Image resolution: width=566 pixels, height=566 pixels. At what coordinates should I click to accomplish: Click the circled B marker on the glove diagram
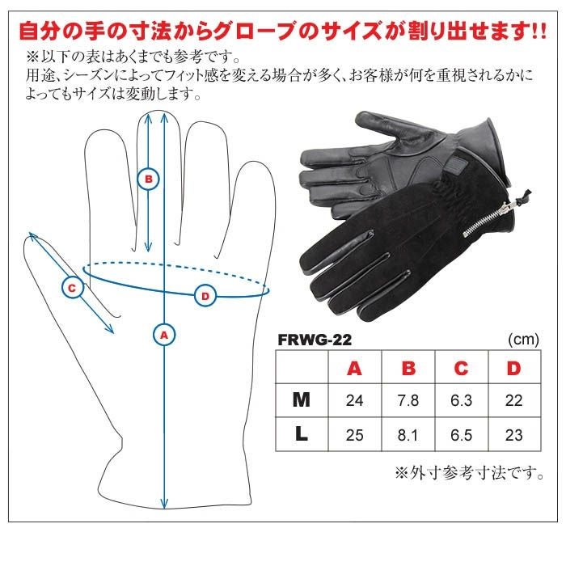[148, 179]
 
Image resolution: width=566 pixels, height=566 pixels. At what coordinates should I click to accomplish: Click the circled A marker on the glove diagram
[164, 336]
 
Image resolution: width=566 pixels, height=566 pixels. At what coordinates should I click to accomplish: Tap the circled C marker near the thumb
[72, 288]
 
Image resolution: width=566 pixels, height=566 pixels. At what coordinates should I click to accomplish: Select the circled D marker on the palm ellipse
[205, 296]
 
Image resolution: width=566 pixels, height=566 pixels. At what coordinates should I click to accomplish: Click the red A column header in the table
[354, 368]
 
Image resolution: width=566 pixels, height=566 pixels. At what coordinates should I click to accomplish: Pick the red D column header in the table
[514, 368]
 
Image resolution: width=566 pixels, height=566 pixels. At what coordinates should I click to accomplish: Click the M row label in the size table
[302, 400]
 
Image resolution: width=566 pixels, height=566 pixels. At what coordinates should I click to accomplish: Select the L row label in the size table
[302, 434]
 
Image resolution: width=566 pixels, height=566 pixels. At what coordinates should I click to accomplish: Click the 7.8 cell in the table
[408, 400]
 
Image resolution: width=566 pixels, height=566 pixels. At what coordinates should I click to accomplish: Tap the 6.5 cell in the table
[462, 435]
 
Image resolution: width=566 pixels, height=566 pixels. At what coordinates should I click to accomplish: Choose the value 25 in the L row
[354, 435]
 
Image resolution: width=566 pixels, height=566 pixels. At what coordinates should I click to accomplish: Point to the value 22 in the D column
[514, 400]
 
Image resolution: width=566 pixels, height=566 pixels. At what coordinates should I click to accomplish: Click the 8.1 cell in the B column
[408, 435]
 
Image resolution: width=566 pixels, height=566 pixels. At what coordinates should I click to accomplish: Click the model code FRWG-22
[315, 340]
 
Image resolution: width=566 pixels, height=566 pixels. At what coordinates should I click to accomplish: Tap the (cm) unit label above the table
[523, 340]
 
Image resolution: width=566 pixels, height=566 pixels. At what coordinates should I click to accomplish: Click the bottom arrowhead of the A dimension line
[164, 503]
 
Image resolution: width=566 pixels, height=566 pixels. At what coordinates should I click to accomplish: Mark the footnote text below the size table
[470, 473]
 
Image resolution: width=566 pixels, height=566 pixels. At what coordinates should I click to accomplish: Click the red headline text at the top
[283, 31]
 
